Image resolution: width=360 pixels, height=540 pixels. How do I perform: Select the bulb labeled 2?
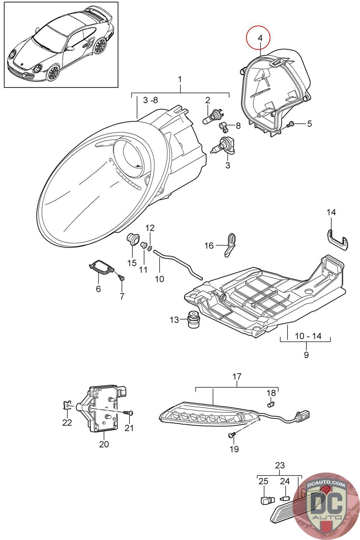pyautogui.click(x=212, y=118)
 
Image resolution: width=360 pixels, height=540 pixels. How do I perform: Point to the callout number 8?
pyautogui.click(x=238, y=126)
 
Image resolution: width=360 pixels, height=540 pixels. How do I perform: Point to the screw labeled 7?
pyautogui.click(x=121, y=277)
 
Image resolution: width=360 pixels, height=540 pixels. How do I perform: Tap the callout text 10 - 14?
pyautogui.click(x=308, y=336)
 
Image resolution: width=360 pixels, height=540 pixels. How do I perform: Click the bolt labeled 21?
pyautogui.click(x=129, y=413)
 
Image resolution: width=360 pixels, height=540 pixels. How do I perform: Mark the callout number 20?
pyautogui.click(x=104, y=444)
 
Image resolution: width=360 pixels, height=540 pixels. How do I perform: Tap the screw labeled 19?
pyautogui.click(x=231, y=436)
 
